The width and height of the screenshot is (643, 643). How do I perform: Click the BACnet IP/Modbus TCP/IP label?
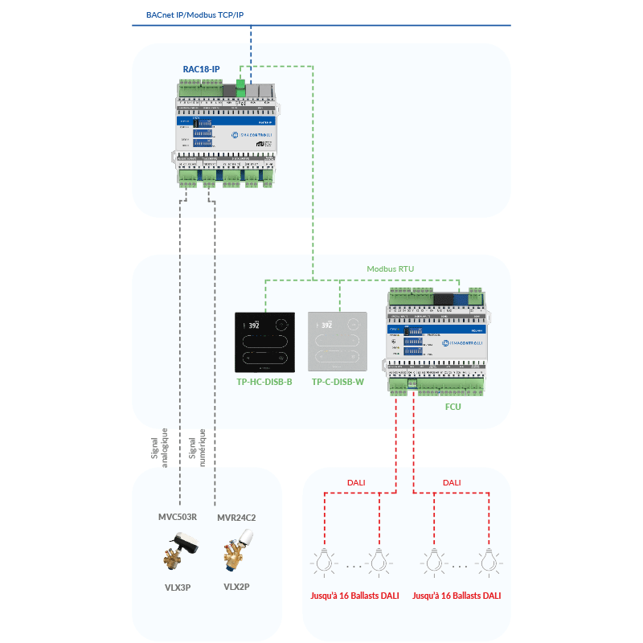tap(195, 15)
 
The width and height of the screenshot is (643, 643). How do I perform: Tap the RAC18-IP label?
tap(201, 70)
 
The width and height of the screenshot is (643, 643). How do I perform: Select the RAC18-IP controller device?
tap(223, 132)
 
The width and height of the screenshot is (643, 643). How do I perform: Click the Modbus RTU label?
tap(390, 269)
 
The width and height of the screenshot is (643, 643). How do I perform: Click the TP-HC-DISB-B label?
tap(264, 382)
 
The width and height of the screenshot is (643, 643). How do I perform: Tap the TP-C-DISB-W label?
tap(338, 382)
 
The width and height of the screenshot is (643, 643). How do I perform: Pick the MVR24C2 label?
tap(236, 518)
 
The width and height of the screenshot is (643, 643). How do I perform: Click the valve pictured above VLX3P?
tap(179, 553)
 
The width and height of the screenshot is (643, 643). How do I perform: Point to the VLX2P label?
tap(236, 587)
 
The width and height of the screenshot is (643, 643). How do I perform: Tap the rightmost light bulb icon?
tap(485, 559)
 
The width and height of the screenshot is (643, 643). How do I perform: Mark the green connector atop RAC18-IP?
tap(240, 84)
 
